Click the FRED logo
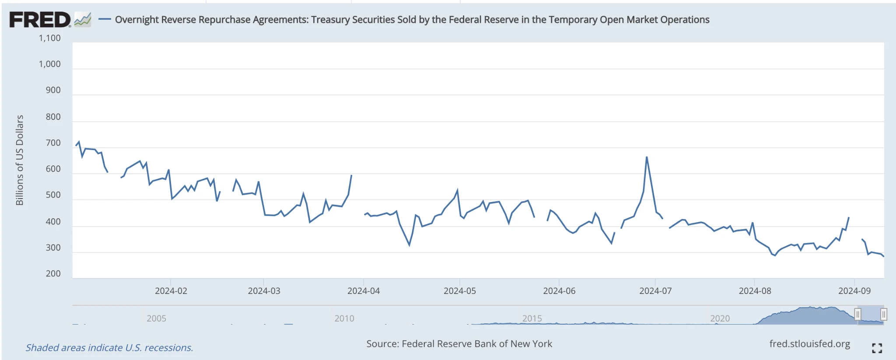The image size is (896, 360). point(39,20)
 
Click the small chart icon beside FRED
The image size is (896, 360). point(83,20)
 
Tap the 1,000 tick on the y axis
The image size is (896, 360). point(49,64)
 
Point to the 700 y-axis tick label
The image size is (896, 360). point(53,143)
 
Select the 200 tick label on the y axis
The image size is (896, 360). point(53,273)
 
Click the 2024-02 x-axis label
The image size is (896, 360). point(171,291)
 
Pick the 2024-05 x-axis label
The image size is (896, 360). point(459,291)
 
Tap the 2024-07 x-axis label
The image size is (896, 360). point(655,291)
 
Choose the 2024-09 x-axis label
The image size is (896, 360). point(854,291)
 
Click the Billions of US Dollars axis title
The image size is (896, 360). point(20,160)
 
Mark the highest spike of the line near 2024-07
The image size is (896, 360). point(647,157)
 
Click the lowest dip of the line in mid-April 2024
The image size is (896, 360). point(409,245)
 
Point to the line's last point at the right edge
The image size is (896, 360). point(883,256)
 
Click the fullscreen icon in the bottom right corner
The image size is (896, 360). point(877,348)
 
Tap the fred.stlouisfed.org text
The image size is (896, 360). point(809,344)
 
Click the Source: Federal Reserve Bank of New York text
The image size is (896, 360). point(459,344)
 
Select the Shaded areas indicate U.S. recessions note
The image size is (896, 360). point(109,348)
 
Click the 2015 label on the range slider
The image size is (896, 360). point(532,318)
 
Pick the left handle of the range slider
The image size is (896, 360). point(857,314)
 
